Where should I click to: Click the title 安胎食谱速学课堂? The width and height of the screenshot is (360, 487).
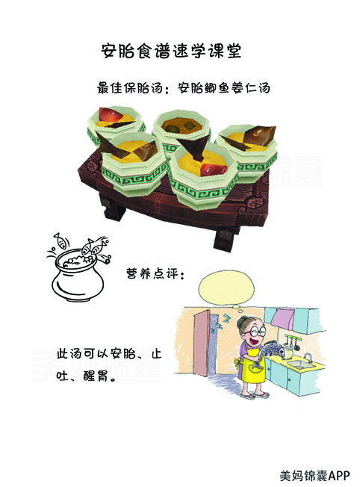point(170,51)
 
